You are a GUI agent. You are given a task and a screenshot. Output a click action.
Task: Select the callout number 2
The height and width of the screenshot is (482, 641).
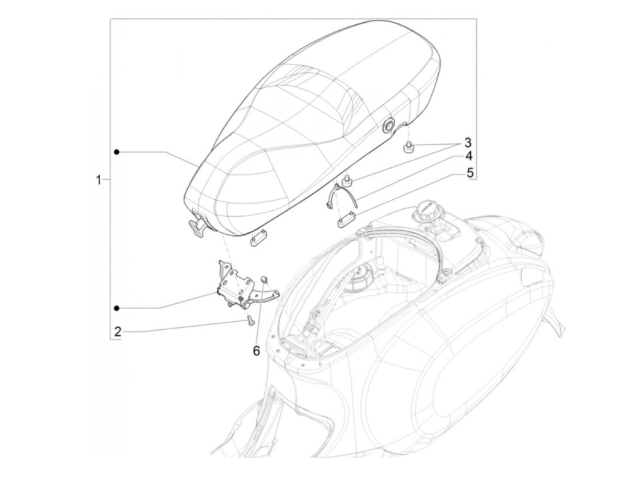coord(118,331)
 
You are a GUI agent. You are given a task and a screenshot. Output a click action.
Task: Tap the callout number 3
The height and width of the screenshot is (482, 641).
coord(467,142)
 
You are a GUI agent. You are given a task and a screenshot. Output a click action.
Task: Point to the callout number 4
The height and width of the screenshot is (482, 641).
coord(468,157)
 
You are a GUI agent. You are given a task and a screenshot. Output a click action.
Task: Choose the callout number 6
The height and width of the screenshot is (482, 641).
coord(256,351)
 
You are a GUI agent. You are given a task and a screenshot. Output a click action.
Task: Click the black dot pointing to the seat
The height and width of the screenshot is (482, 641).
coord(117,152)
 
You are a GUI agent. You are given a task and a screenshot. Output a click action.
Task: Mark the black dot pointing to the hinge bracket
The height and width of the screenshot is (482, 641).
coord(117,307)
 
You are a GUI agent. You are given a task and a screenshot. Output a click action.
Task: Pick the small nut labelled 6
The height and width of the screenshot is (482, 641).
coord(264,279)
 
